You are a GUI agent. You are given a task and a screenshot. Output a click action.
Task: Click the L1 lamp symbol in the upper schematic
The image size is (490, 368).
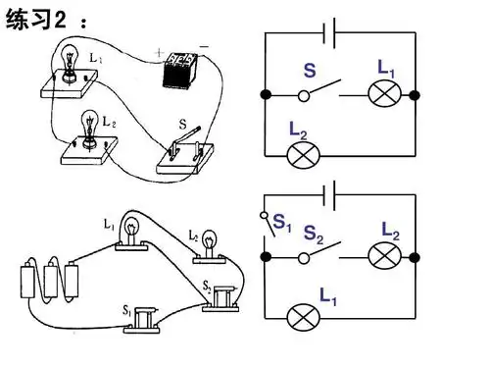click(385, 93)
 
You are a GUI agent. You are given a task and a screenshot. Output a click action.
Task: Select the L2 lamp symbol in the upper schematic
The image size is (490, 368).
click(304, 155)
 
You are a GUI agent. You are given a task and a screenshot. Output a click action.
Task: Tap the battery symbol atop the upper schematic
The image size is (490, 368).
click(329, 33)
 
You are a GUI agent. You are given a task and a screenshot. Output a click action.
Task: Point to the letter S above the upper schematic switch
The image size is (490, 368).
click(310, 71)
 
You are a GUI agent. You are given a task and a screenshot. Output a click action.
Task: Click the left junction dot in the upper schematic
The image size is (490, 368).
click(267, 95)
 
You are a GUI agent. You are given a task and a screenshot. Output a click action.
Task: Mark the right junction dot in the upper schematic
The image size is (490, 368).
click(415, 95)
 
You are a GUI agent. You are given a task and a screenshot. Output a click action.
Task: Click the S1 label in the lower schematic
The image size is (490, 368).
click(281, 223)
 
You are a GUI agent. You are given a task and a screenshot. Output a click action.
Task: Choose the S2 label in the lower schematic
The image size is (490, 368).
click(313, 235)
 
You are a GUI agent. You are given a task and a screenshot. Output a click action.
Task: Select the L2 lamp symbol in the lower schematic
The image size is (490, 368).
click(385, 255)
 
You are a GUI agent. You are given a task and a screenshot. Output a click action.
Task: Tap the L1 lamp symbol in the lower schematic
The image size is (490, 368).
click(304, 318)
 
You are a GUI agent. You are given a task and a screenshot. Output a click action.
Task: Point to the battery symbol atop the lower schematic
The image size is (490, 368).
click(329, 195)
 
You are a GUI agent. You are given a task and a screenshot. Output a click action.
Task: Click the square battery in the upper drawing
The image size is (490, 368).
click(179, 71)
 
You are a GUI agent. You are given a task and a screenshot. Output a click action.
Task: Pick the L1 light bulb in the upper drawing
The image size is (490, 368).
click(70, 63)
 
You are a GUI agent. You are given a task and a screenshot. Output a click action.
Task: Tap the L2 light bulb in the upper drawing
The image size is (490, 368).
click(89, 130)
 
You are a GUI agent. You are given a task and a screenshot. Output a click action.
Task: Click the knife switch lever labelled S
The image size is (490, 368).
click(185, 138)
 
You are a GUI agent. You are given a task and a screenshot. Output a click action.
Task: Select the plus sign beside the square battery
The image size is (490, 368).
click(159, 52)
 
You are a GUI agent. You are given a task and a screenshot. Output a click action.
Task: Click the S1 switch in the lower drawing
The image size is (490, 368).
click(143, 320)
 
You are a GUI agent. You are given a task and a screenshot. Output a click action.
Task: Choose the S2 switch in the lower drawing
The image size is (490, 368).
click(220, 298)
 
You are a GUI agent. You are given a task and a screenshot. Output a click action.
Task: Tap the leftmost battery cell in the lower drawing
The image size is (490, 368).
click(27, 281)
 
